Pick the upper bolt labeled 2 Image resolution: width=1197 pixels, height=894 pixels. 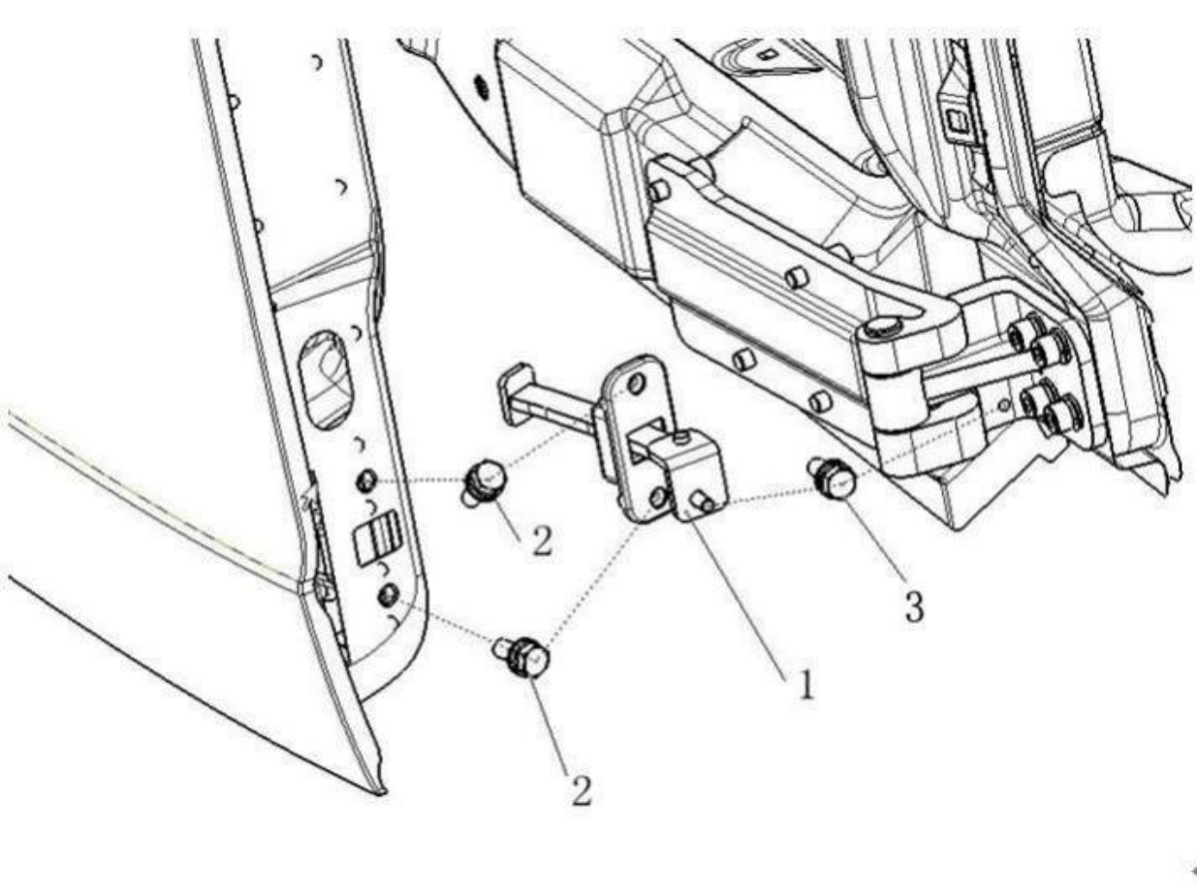(484, 480)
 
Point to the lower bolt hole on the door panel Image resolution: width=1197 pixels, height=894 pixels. (388, 592)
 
